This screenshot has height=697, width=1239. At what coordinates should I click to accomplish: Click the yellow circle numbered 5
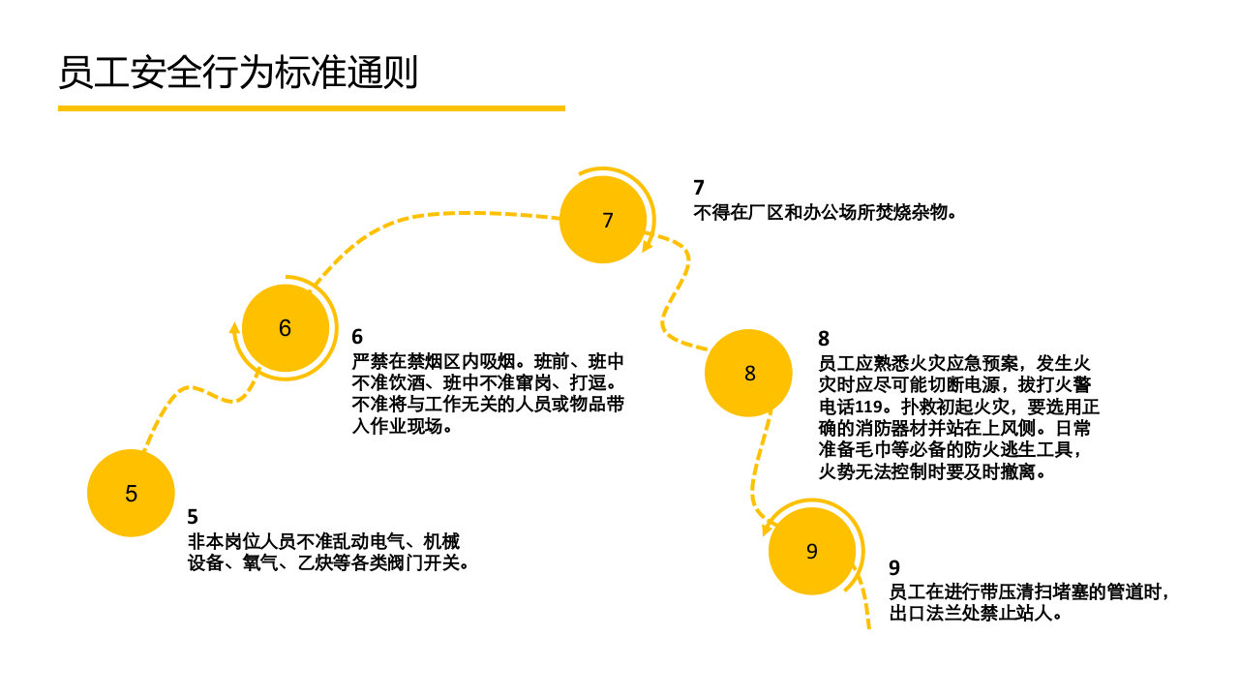pos(131,494)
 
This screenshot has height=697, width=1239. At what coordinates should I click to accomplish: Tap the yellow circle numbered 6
pos(285,328)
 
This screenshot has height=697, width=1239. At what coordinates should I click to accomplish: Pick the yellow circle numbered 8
pos(749,374)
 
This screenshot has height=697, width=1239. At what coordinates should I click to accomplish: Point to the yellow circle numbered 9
pos(811,552)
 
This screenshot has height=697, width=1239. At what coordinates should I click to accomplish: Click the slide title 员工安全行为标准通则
pos(238,73)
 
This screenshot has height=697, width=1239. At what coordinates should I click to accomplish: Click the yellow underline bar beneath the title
pos(311,108)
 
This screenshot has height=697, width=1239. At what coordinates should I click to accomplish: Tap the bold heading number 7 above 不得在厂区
pos(699,188)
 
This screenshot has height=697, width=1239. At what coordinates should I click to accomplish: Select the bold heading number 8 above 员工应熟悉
pos(824,339)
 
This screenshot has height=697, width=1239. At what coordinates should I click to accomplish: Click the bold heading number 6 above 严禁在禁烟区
pos(357,337)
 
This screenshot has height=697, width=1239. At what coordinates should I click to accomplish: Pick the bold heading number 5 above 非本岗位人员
pos(193,517)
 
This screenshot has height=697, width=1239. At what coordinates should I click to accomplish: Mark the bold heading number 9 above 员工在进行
pos(894,568)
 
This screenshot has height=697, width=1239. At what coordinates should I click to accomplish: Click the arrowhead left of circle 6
pos(234,327)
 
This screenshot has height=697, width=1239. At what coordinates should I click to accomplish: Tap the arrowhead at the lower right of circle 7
pos(647,246)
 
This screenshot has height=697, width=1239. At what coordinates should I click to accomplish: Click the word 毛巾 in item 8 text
pos(894,450)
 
